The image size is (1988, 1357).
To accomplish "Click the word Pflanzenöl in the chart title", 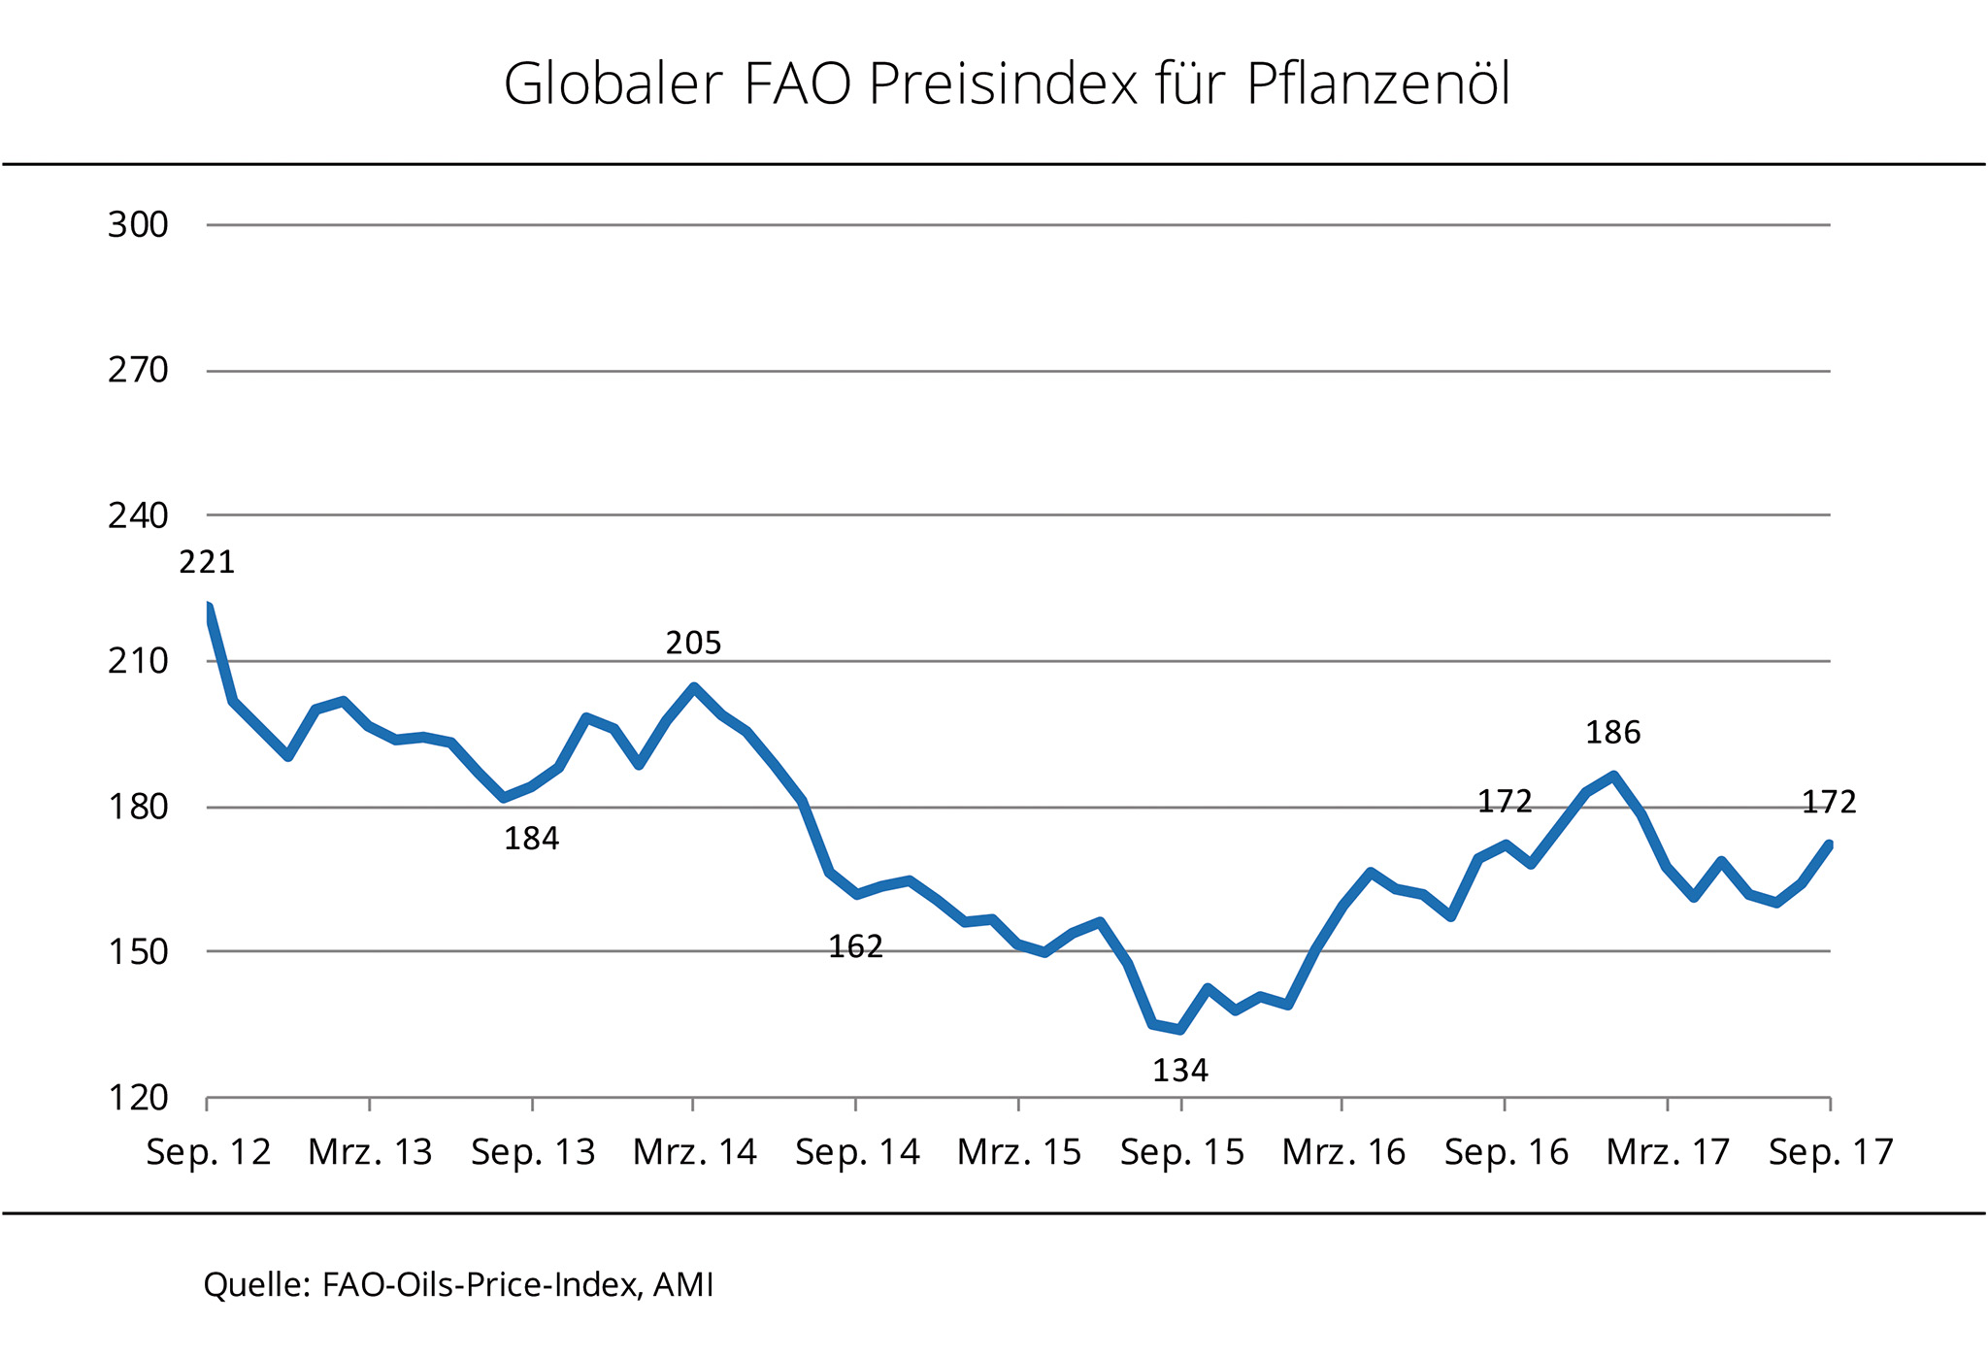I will pos(1377,85).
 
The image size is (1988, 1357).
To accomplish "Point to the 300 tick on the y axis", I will pos(138,225).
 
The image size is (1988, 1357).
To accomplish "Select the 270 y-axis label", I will pos(138,371).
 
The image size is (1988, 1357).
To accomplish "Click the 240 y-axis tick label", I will pos(138,515).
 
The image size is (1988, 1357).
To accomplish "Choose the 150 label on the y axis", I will pos(138,952).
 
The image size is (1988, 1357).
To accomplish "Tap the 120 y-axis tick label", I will pos(138,1098).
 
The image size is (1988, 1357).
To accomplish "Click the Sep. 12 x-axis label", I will pos(209,1152).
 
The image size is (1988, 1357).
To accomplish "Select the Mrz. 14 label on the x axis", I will pos(694,1152).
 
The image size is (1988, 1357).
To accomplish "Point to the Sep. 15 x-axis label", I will pos(1181,1152).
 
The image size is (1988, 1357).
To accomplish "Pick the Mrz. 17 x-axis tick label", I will pos(1668,1152).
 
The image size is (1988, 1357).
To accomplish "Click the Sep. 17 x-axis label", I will pos(1831,1152).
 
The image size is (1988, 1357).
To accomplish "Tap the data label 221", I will pos(207,562).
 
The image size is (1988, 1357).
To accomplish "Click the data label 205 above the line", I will pos(693,643).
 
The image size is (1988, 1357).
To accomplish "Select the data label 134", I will pos(1180,1071).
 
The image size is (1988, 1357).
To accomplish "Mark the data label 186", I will pos(1612,733).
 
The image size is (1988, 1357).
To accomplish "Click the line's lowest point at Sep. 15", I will pos(1180,1030).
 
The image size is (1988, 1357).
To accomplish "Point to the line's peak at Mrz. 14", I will pos(694,687).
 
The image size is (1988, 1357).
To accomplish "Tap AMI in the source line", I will pos(683,1285).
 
